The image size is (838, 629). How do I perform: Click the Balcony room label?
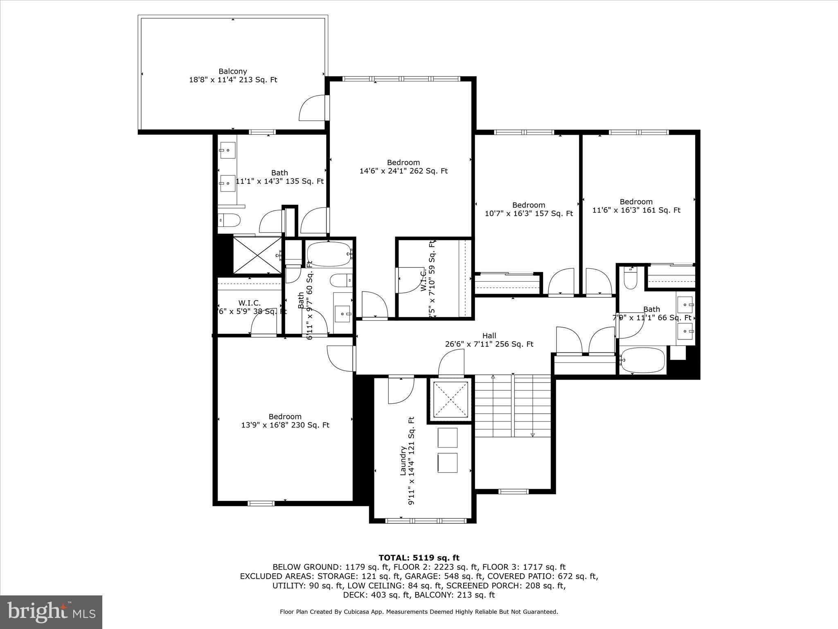click(x=232, y=71)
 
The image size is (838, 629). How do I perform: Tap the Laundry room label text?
click(x=403, y=461)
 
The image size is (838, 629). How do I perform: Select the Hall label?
click(x=489, y=336)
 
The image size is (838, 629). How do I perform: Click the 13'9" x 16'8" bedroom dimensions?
click(x=285, y=425)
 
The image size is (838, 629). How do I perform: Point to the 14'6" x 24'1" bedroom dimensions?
click(x=403, y=171)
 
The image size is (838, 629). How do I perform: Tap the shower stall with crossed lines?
click(x=257, y=255)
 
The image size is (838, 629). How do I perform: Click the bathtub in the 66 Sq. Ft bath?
click(x=642, y=360)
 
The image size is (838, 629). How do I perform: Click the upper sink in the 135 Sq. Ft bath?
click(x=228, y=150)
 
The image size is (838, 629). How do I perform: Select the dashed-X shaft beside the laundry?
click(x=450, y=400)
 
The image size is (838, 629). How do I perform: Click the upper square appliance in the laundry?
click(x=448, y=438)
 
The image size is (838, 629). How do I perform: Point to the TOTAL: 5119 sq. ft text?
click(x=419, y=558)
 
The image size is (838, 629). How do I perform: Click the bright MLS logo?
click(x=51, y=612)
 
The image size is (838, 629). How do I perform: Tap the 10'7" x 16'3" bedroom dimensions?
click(x=529, y=213)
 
